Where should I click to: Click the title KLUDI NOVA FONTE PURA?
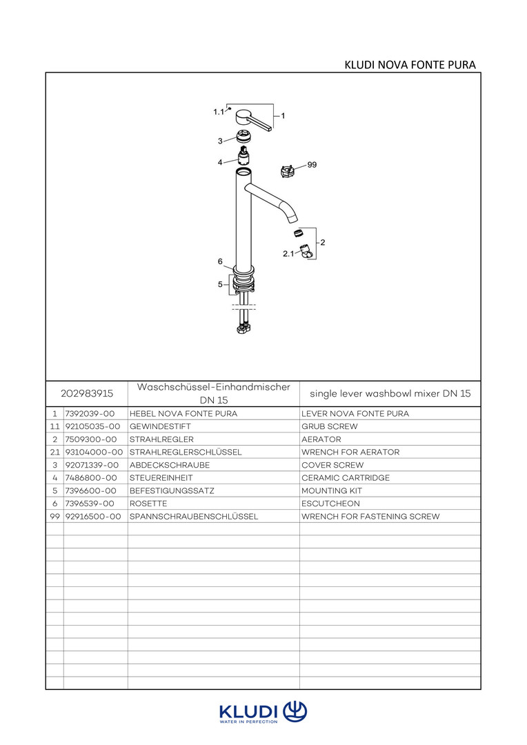(410, 66)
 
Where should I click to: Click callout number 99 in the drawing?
(312, 166)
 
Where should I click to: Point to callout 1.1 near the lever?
(219, 112)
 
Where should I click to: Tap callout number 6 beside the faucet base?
(220, 261)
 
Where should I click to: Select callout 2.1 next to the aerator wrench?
(288, 254)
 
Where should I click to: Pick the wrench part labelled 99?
(288, 170)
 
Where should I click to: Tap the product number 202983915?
(87, 393)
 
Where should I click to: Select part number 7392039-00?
(89, 414)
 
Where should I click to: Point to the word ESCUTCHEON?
(330, 504)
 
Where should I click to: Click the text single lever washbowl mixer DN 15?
(390, 393)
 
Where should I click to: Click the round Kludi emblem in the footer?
(295, 711)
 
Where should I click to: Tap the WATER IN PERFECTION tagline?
(248, 722)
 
